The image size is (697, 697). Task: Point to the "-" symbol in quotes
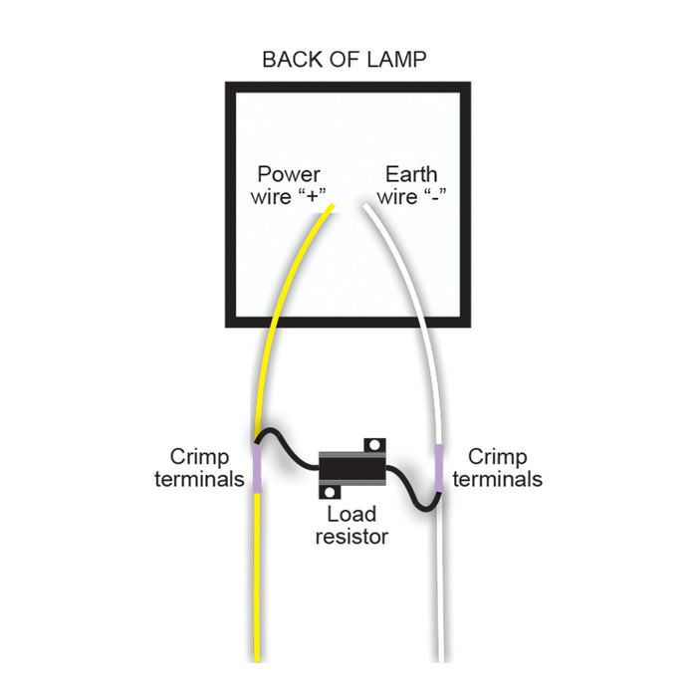[433, 196]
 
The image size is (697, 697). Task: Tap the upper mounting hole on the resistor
[374, 443]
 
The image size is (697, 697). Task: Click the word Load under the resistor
[351, 515]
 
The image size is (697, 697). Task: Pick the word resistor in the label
[351, 537]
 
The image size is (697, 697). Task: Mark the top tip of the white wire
[367, 207]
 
